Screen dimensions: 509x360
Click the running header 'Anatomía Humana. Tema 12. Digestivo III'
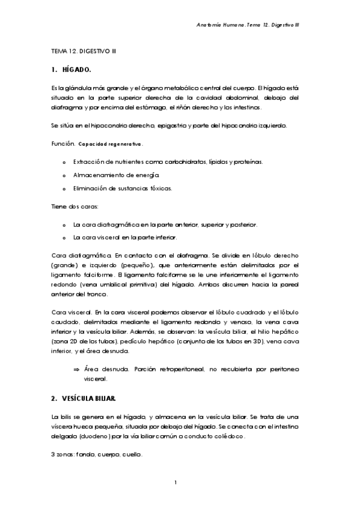248,25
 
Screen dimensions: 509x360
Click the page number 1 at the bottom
175,482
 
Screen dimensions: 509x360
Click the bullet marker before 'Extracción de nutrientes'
64,162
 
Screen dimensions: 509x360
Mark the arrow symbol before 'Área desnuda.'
76,369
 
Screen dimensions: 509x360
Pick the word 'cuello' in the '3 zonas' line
132,455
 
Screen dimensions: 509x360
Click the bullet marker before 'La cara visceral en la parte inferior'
64,237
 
